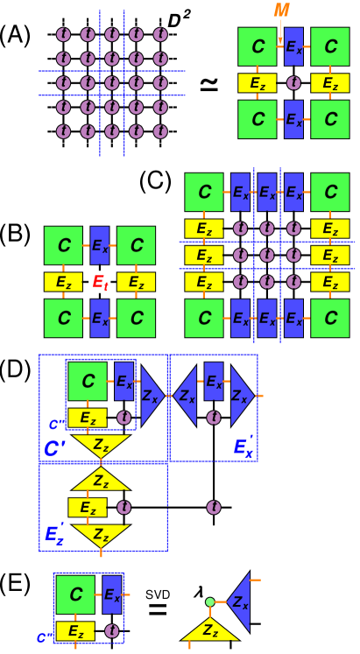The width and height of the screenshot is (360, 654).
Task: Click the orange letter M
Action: point(281,11)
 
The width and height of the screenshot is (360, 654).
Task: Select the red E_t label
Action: point(100,282)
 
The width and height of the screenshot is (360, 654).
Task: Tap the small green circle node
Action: point(209,601)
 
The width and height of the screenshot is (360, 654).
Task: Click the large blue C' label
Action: point(55,449)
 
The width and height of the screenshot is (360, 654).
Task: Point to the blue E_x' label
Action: point(244,447)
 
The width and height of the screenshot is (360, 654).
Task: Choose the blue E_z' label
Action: point(54,535)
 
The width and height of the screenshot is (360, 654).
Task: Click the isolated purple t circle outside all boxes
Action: point(213,507)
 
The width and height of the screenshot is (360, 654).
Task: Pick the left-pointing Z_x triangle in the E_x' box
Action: point(187,396)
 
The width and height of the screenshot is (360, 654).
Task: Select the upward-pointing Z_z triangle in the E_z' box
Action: point(101,480)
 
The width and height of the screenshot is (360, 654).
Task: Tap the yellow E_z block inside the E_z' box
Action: point(88,508)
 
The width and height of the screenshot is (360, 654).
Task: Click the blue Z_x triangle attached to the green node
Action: point(239,601)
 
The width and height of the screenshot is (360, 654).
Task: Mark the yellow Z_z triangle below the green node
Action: point(210,629)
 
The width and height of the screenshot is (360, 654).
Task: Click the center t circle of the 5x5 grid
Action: point(112,83)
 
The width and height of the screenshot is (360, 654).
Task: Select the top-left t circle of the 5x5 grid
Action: point(63,34)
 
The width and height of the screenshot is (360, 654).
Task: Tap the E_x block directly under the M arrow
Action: point(293,46)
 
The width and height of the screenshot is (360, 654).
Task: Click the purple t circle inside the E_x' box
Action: point(213,418)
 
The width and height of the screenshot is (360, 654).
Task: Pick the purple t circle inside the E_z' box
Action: point(124,507)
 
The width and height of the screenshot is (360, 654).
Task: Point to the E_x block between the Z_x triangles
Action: point(213,382)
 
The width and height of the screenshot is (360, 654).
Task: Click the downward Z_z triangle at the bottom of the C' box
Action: point(101,445)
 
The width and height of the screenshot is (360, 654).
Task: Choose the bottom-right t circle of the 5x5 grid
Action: point(160,131)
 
